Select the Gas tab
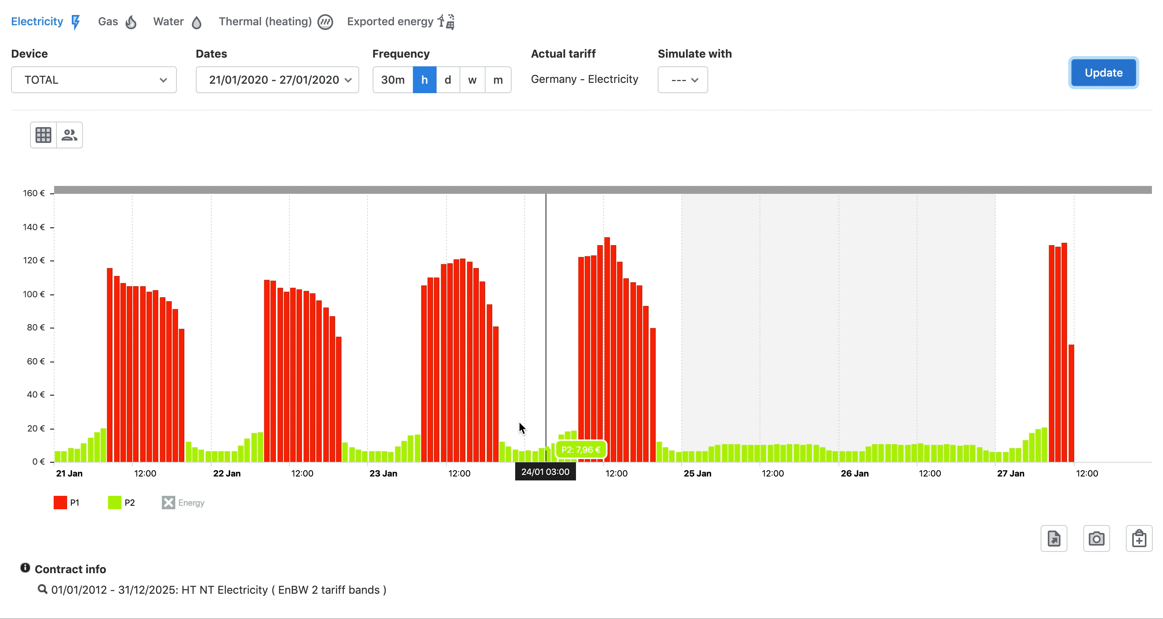116,22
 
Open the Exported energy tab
400,22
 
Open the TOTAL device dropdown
94,80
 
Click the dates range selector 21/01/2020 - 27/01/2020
277,80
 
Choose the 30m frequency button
392,80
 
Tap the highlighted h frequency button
424,80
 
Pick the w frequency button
472,80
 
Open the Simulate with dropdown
682,80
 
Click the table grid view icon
43,135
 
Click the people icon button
69,135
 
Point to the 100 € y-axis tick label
34,294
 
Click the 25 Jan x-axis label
697,474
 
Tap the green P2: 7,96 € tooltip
581,450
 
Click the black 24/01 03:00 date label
545,472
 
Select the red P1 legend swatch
60,503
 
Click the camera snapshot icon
1096,538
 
